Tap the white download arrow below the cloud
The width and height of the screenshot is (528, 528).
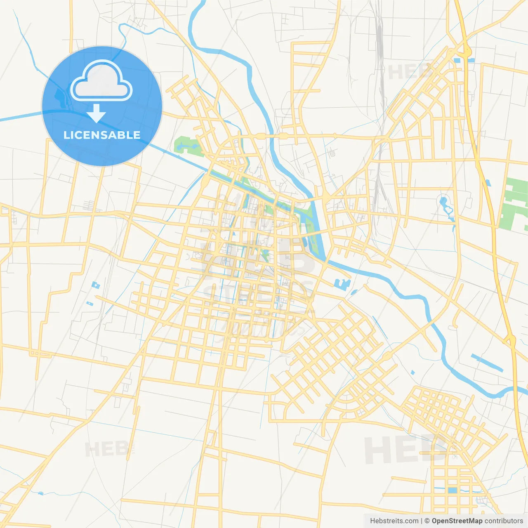[96, 113]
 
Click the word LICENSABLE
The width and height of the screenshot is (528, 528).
[102, 135]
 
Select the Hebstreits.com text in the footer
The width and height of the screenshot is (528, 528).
[394, 521]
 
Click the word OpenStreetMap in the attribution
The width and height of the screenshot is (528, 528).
[457, 521]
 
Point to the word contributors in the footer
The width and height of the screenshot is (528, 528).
[504, 521]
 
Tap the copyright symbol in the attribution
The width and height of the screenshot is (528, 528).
[427, 521]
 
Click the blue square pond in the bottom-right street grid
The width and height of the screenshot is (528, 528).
[453, 490]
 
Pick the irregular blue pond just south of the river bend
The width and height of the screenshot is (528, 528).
[342, 284]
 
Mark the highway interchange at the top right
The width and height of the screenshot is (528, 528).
[464, 51]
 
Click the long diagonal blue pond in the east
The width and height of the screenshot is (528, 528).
[487, 363]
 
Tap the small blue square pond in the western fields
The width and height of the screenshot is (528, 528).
[96, 285]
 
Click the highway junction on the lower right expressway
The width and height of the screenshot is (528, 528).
[510, 340]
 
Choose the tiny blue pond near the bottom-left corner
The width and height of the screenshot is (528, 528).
[40, 493]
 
